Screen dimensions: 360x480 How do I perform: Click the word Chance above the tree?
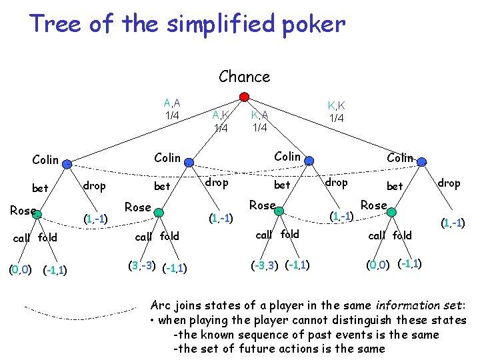[x=244, y=77]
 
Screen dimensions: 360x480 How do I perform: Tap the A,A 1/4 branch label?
[x=172, y=109]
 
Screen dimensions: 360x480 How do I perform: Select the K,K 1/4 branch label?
[x=336, y=111]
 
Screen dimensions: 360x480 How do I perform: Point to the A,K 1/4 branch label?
[x=221, y=121]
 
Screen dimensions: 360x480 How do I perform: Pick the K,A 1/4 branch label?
[x=259, y=121]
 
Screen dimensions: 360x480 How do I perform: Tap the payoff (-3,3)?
[x=265, y=265]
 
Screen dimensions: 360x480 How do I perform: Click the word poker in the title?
[x=314, y=25]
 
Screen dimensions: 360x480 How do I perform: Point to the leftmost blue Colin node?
[x=67, y=162]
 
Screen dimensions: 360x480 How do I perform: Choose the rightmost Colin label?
[x=400, y=157]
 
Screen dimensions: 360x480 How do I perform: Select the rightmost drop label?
[x=449, y=183]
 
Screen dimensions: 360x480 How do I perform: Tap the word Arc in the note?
[x=162, y=306]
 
